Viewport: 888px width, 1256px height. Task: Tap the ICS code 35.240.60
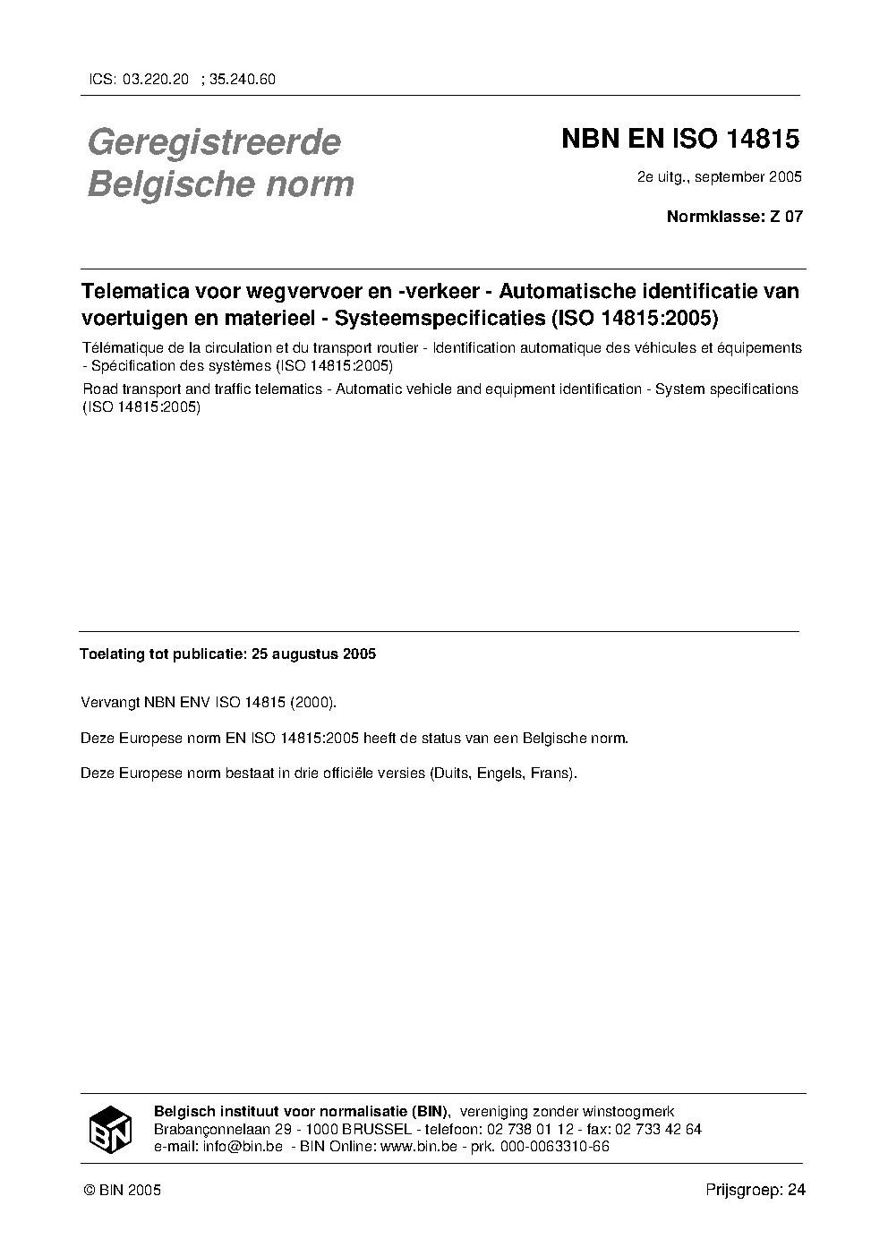click(243, 79)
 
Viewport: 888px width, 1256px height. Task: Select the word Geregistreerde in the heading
click(214, 141)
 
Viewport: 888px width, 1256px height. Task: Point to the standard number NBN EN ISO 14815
click(679, 140)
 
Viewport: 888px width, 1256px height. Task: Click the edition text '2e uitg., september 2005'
click(719, 176)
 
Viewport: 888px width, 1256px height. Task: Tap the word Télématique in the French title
click(122, 347)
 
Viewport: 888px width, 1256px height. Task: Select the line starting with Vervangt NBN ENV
click(209, 703)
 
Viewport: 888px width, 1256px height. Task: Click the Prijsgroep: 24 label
click(756, 1191)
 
